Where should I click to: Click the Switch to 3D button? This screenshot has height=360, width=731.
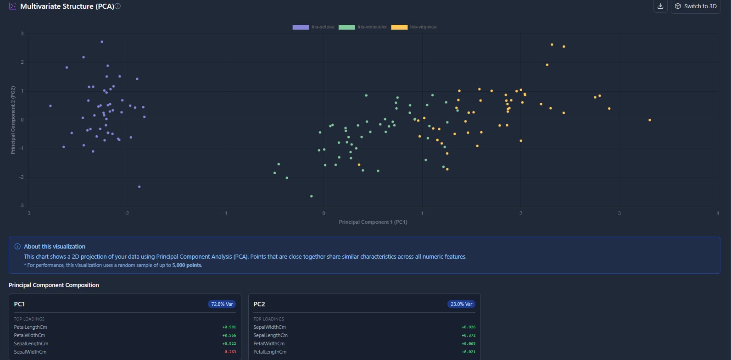pyautogui.click(x=695, y=6)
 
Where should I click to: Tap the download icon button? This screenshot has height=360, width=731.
pyautogui.click(x=660, y=6)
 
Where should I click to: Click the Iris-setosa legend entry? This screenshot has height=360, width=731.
pyautogui.click(x=314, y=27)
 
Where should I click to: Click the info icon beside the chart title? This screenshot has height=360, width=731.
pyautogui.click(x=118, y=6)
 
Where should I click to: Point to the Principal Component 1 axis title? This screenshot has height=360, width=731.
pyautogui.click(x=373, y=222)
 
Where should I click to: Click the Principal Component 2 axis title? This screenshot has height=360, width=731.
pyautogui.click(x=13, y=120)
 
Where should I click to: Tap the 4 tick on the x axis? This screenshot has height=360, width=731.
pyautogui.click(x=718, y=213)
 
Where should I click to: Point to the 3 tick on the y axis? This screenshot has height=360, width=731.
pyautogui.click(x=22, y=33)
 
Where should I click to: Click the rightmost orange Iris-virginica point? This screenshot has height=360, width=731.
pyautogui.click(x=650, y=120)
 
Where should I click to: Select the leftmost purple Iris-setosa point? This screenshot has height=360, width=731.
pyautogui.click(x=50, y=106)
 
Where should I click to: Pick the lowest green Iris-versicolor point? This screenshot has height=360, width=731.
pyautogui.click(x=312, y=196)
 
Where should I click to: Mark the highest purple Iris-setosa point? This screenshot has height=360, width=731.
pyautogui.click(x=102, y=42)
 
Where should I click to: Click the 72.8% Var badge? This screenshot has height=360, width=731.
pyautogui.click(x=222, y=304)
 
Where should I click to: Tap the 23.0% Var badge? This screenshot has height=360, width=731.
pyautogui.click(x=461, y=304)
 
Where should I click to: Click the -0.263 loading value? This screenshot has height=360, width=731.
pyautogui.click(x=229, y=352)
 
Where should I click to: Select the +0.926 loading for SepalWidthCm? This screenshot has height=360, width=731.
pyautogui.click(x=469, y=327)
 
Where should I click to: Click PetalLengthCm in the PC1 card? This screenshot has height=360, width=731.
pyautogui.click(x=31, y=327)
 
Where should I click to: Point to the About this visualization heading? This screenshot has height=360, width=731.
pyautogui.click(x=55, y=247)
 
